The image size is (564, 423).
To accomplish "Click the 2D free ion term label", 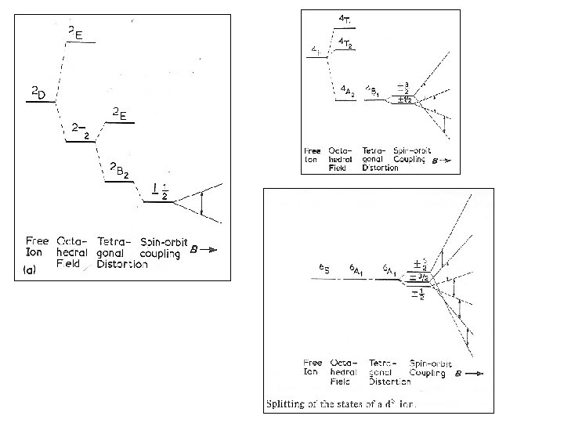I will [x=38, y=95].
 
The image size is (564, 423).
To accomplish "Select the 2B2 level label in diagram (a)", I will [x=119, y=170].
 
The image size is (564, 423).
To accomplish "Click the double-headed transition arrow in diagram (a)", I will [x=202, y=202].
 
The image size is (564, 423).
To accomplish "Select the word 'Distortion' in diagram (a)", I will [x=121, y=265].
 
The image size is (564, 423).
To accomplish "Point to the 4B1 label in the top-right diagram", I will [x=374, y=92].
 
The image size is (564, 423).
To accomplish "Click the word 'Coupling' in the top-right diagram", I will [x=409, y=159].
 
